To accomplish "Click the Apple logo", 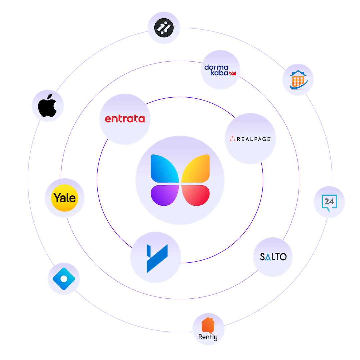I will coord(48,106).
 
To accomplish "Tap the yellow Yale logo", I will coord(65,198).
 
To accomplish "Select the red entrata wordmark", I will coord(125,119).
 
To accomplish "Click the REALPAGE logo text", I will coord(253,139).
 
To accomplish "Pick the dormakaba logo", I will coord(220,70).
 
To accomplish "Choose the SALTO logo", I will coord(273,257).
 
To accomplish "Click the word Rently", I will coord(208,337).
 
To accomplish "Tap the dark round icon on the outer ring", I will coord(164,28).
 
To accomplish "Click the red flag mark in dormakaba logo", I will coord(232,73).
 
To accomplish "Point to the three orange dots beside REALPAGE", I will coord(232,139).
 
